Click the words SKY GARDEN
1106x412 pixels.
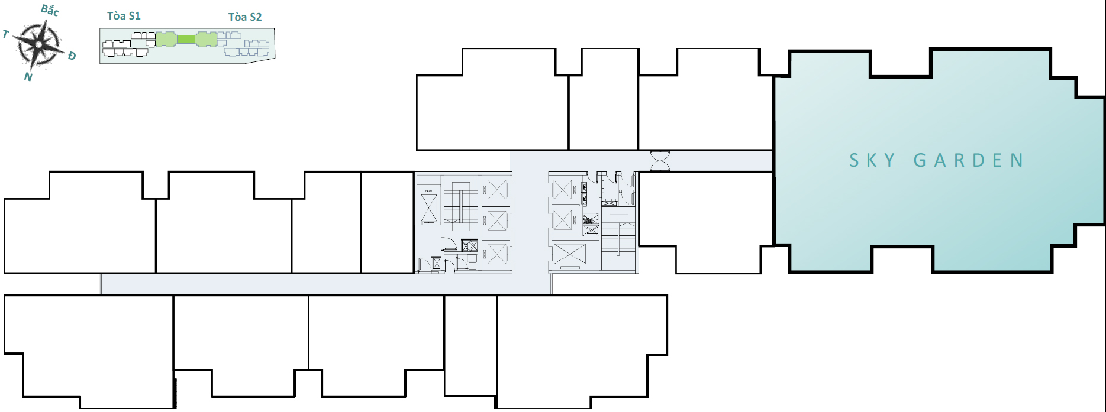click(x=936, y=160)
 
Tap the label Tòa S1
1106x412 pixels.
click(x=124, y=15)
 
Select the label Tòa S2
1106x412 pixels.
click(x=245, y=17)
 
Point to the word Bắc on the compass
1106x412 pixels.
click(x=50, y=10)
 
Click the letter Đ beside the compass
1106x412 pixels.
click(x=72, y=56)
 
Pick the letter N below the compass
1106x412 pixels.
click(x=28, y=77)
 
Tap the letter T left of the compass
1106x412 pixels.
click(x=6, y=34)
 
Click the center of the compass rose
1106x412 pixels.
click(x=39, y=44)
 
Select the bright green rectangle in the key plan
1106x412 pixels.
click(x=186, y=40)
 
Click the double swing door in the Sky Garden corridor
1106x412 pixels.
click(x=660, y=161)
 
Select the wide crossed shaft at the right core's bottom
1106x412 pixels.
click(x=569, y=254)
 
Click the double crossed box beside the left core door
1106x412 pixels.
click(x=469, y=246)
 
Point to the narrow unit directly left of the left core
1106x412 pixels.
click(x=388, y=222)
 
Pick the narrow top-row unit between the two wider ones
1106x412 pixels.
click(x=604, y=99)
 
